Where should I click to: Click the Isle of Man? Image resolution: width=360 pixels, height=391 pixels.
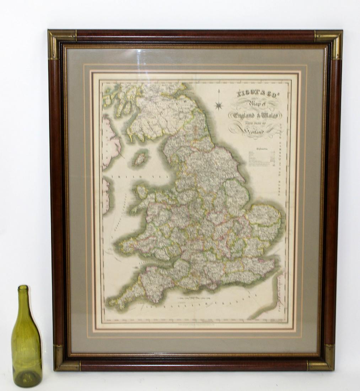click(x=140, y=159)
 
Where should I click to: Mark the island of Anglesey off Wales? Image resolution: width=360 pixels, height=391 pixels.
click(x=142, y=192)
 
